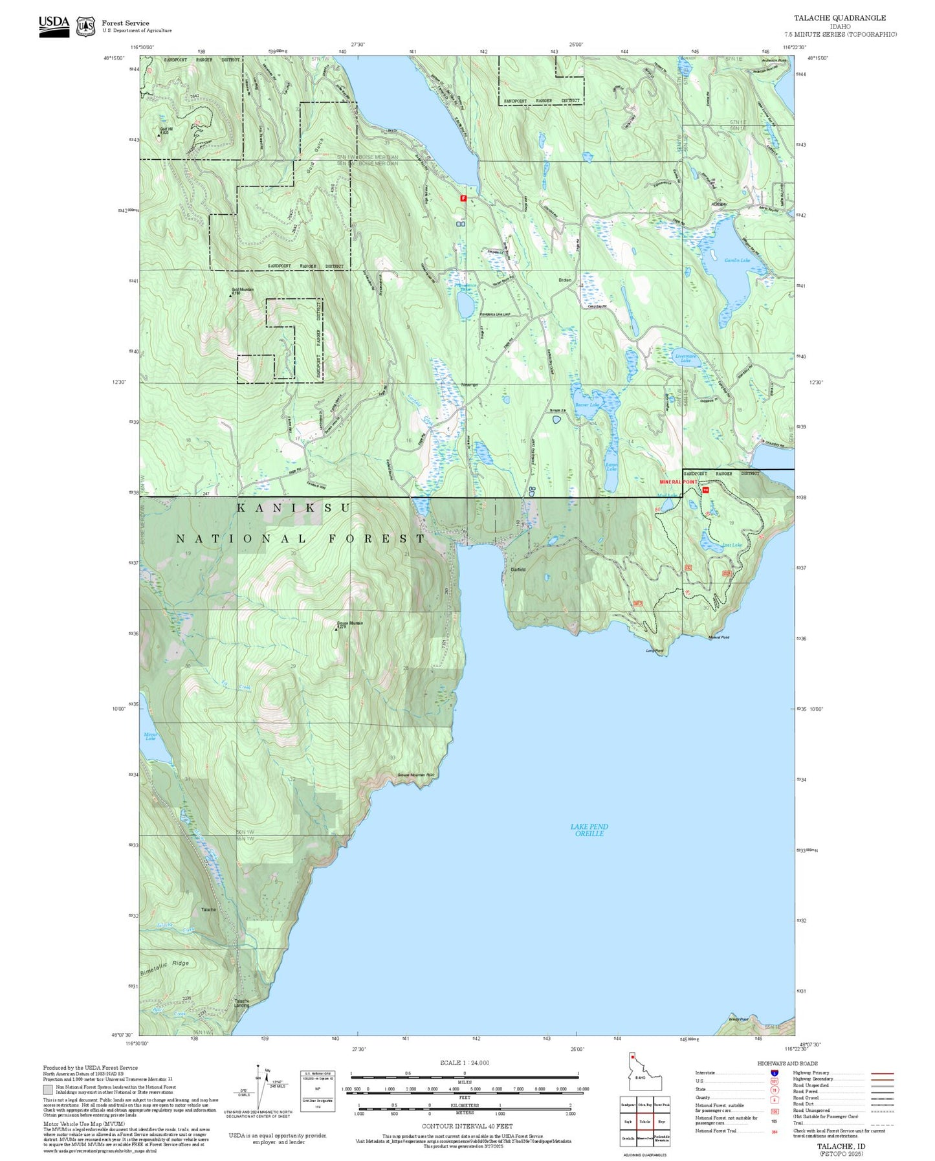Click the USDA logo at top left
tap(54, 26)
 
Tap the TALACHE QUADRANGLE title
tap(840, 18)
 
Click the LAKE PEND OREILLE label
tap(589, 830)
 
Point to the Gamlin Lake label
tap(737, 260)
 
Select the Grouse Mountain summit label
tap(349, 623)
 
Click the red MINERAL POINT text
tap(678, 482)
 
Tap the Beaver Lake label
tap(587, 404)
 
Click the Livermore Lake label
tap(685, 358)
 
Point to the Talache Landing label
tap(241, 1003)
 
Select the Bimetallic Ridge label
tap(164, 968)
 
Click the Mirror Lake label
tap(150, 736)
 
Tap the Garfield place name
tap(518, 569)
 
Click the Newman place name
tap(469, 385)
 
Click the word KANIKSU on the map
tap(293, 508)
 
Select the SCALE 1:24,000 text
tap(464, 1063)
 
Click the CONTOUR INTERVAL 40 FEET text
tap(467, 1126)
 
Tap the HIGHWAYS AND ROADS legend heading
tap(787, 1063)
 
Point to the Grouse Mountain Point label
tap(415, 775)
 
